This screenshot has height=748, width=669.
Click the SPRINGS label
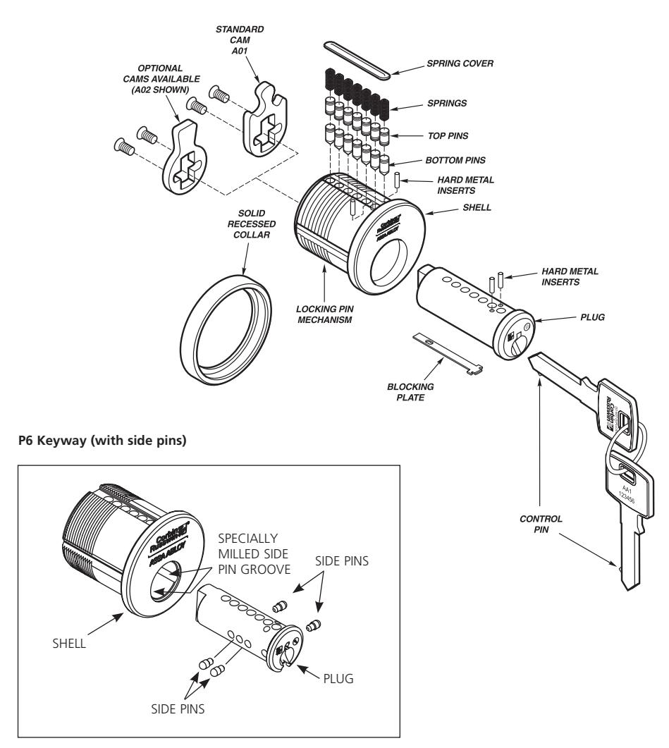pyautogui.click(x=436, y=103)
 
